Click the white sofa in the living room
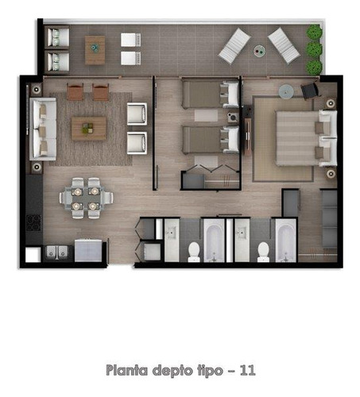43,128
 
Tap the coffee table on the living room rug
88,128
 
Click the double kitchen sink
57,252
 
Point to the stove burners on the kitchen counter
33,222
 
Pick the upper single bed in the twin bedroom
208,94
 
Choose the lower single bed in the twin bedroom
208,140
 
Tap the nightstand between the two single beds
233,118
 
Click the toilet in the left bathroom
194,251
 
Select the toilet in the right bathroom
263,251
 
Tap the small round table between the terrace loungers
260,51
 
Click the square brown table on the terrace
95,49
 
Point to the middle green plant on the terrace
315,50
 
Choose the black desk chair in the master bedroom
309,90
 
